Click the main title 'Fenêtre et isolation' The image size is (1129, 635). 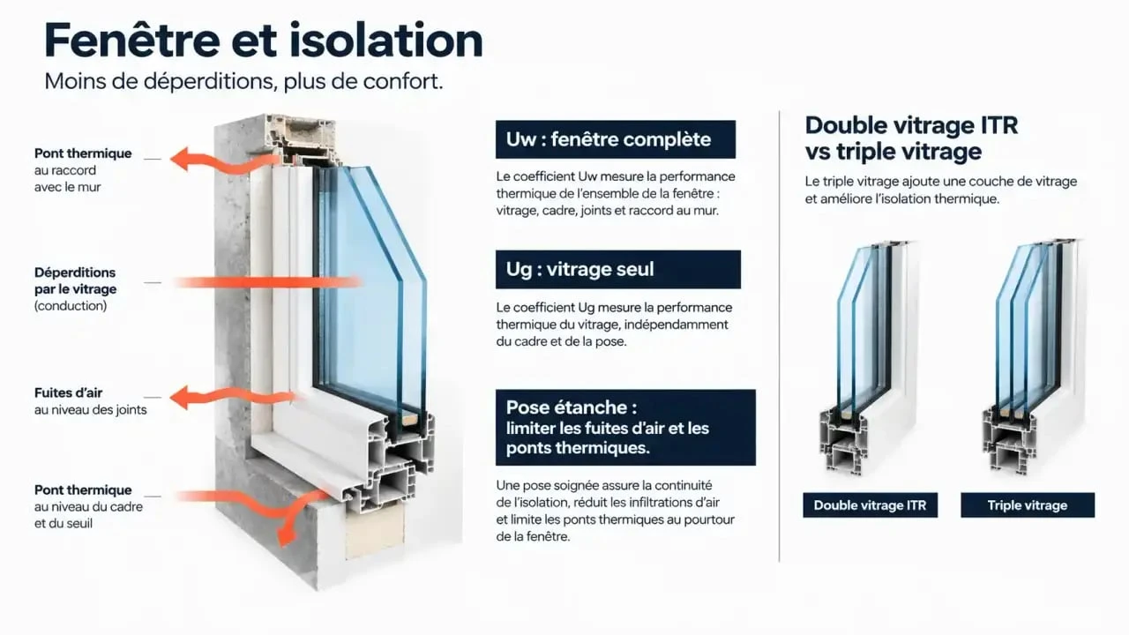coord(263,41)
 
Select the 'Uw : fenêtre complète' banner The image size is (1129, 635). coord(616,139)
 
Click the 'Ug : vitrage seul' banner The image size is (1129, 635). coord(618,270)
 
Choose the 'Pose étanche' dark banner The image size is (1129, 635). coord(625,428)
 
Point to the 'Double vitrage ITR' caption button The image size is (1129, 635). coord(870,505)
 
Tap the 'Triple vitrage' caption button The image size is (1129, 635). coord(1028,505)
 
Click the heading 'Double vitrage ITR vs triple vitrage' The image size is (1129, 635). coord(911,138)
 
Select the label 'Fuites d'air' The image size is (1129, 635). coord(68,392)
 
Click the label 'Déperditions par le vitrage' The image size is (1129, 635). coord(75,280)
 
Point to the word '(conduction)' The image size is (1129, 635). coord(71,306)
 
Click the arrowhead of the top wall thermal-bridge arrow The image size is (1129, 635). coord(180,160)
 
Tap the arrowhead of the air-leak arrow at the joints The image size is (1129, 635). coord(180,398)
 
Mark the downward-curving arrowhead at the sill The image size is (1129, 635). coord(287,534)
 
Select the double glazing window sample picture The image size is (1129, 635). coord(868,358)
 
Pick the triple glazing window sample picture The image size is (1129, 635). coord(1032,357)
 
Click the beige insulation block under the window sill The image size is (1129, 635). coord(374,531)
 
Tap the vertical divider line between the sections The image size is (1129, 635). coord(779,336)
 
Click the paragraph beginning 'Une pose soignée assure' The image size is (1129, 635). coord(615,511)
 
